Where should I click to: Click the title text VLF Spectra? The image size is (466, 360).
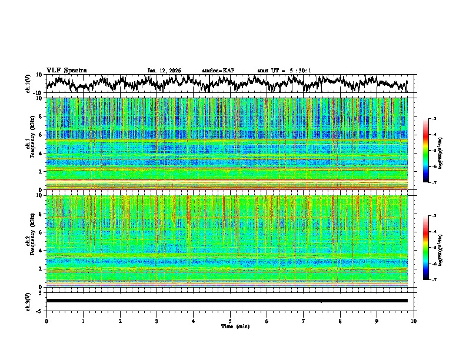click(x=66, y=70)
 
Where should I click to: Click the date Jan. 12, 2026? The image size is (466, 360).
click(x=164, y=71)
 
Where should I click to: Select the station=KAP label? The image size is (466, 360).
click(x=218, y=71)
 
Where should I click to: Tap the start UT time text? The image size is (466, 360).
click(x=284, y=71)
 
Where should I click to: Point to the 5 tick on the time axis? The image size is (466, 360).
click(x=230, y=321)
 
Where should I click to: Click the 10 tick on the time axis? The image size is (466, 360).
click(x=414, y=321)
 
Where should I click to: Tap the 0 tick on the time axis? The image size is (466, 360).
click(x=46, y=321)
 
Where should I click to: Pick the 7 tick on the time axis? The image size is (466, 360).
click(x=304, y=321)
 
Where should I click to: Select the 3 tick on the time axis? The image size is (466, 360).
click(x=157, y=321)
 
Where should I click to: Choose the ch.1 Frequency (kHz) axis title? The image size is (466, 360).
click(x=29, y=144)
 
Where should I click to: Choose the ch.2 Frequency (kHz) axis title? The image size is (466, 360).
click(x=29, y=241)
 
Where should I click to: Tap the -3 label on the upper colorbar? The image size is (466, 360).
click(x=442, y=119)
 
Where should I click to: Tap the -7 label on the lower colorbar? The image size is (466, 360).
click(x=442, y=280)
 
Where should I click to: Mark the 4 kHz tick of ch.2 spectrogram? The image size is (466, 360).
click(x=41, y=250)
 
